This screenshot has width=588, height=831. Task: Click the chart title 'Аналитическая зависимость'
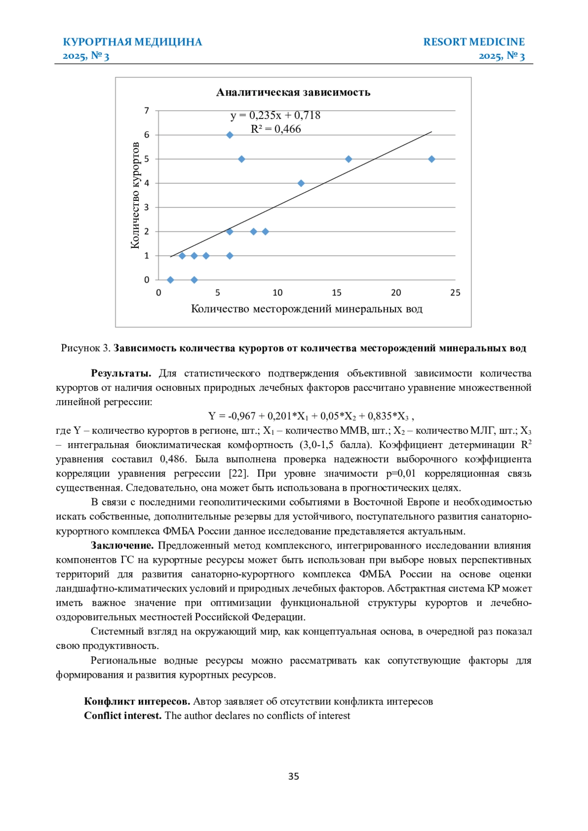pos(293,93)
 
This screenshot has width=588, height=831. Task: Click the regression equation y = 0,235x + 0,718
pos(275,116)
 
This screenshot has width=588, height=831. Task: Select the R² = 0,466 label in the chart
pos(276,129)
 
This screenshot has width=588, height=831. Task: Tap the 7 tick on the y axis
pos(147,111)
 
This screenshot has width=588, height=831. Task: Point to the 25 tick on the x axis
pos(455,293)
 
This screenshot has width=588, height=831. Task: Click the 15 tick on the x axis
pos(337,293)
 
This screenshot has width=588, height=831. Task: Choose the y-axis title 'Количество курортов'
pos(135,195)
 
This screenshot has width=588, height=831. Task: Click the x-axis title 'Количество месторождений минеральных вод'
pos(306,309)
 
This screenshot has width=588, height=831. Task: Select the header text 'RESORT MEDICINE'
pos(474,42)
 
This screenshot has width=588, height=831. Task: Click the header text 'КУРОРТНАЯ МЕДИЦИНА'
pos(132,42)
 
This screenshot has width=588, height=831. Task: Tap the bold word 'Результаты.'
pos(121,374)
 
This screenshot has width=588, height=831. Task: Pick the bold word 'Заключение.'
pos(122,546)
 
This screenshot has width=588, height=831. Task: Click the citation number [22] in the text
pos(239,474)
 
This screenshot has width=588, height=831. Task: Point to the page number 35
pos(294,776)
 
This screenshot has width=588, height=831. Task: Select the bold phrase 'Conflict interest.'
pos(122,715)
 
